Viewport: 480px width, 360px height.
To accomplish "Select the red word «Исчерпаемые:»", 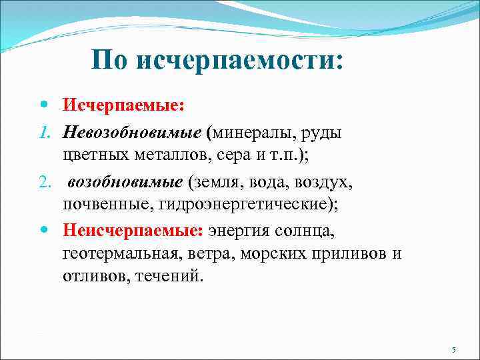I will point(123,105).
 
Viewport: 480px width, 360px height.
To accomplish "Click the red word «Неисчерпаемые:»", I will point(133,231).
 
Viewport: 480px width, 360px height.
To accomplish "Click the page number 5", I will point(453,350).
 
